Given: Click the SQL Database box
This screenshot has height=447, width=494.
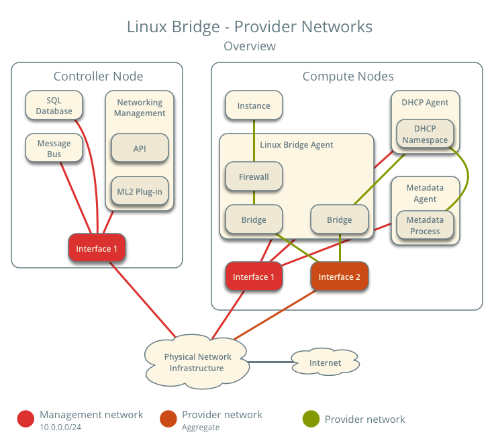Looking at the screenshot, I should [54, 105].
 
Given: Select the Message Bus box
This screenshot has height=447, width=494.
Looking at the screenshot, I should [54, 148].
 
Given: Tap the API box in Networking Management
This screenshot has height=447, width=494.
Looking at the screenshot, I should [140, 148].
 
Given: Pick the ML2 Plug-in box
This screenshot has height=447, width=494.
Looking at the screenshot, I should [140, 191].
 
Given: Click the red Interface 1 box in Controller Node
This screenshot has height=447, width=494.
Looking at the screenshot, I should [97, 248].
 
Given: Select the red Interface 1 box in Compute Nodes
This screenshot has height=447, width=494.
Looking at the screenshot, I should [254, 277].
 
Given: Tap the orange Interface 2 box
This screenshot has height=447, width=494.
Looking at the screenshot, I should [339, 277].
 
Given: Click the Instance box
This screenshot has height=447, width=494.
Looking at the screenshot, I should [254, 105].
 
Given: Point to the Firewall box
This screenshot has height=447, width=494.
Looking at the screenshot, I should [254, 177].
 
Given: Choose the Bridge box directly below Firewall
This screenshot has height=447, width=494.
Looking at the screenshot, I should [254, 219].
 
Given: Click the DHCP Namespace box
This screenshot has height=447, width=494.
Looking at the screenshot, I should [425, 134].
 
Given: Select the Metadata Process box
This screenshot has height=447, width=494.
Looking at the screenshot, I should [425, 226].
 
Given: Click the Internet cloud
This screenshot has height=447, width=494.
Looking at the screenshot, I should [325, 363].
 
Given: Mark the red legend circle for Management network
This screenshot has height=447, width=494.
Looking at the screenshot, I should [26, 419].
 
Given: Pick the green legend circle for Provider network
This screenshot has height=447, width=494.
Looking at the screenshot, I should [311, 419].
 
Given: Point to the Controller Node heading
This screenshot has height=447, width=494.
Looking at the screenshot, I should [98, 77].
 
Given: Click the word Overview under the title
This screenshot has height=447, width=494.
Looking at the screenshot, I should [249, 46].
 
